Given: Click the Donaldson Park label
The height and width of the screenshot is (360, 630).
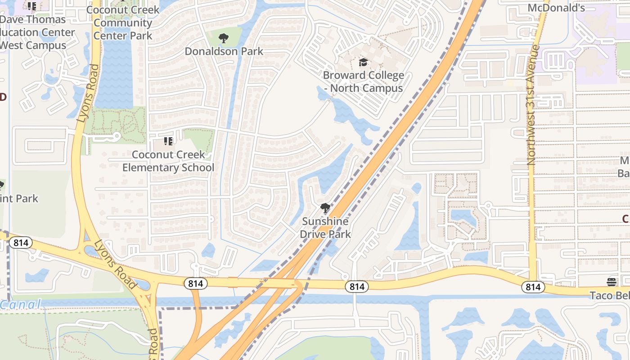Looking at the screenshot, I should pyautogui.click(x=224, y=51).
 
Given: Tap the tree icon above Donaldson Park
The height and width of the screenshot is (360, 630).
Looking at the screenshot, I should pyautogui.click(x=224, y=38).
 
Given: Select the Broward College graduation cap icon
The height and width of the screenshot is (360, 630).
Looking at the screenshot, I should pyautogui.click(x=363, y=63).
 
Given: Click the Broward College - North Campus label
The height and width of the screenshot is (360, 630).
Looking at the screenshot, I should pyautogui.click(x=363, y=81).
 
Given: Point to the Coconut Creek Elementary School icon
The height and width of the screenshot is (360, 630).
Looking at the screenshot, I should pyautogui.click(x=168, y=142).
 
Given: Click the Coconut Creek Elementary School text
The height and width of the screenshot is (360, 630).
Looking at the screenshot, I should pyautogui.click(x=168, y=161).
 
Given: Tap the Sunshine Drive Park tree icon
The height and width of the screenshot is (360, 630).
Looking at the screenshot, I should pyautogui.click(x=325, y=208).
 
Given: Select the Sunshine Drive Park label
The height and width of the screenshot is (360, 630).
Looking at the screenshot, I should pyautogui.click(x=325, y=228).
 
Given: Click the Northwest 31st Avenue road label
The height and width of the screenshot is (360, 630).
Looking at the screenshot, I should pyautogui.click(x=533, y=104).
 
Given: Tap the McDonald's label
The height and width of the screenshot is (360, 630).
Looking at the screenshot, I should pyautogui.click(x=562, y=8).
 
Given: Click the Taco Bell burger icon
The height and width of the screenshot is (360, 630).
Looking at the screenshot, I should pyautogui.click(x=611, y=282).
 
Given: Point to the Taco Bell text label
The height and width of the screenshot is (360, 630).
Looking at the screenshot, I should pyautogui.click(x=610, y=295).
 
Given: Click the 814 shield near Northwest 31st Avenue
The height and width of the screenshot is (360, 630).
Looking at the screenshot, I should pyautogui.click(x=533, y=287).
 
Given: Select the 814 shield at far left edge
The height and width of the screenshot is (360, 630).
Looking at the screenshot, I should pyautogui.click(x=21, y=243).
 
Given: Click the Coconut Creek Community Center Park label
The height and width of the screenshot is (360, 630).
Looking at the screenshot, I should pyautogui.click(x=123, y=22).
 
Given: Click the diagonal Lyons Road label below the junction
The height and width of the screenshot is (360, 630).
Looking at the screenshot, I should pyautogui.click(x=115, y=264).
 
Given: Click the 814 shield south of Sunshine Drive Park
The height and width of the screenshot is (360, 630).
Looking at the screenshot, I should pyautogui.click(x=357, y=287).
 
